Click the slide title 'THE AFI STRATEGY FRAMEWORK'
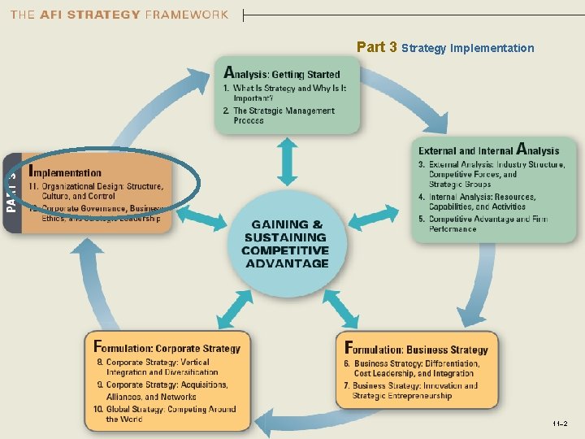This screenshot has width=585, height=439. click(x=119, y=15)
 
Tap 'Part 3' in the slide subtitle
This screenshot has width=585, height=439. click(x=376, y=47)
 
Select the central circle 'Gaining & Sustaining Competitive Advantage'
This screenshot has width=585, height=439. click(x=285, y=243)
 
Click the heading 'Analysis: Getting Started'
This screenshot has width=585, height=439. click(x=282, y=74)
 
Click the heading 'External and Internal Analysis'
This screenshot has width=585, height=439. click(x=488, y=150)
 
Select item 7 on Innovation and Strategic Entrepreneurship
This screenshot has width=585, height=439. click(x=414, y=391)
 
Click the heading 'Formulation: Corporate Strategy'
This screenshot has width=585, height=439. click(x=167, y=348)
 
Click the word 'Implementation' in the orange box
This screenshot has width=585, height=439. click(x=65, y=172)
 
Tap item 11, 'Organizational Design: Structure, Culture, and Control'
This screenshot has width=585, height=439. click(x=96, y=191)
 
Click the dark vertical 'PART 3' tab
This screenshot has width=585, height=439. click(x=12, y=192)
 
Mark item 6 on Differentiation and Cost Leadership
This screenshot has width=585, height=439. click(x=416, y=368)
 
